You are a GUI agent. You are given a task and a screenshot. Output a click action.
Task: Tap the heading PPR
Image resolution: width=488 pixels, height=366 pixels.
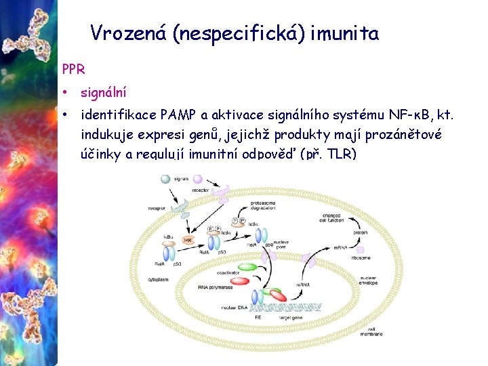pyautogui.click(x=73, y=69)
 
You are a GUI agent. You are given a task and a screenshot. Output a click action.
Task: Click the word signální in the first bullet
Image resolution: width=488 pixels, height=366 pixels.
pyautogui.click(x=103, y=91)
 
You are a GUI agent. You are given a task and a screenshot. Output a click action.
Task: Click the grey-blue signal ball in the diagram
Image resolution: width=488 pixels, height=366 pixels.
pyautogui.click(x=165, y=180)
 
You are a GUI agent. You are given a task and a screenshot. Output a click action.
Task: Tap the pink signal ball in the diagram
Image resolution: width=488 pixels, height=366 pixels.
pyautogui.click(x=197, y=179)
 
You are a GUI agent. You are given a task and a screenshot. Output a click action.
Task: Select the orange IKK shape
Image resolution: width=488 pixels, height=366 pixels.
pyautogui.click(x=188, y=240)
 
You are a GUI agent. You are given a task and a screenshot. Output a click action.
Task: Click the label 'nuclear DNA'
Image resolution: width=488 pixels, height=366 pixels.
pyautogui.click(x=235, y=307)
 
